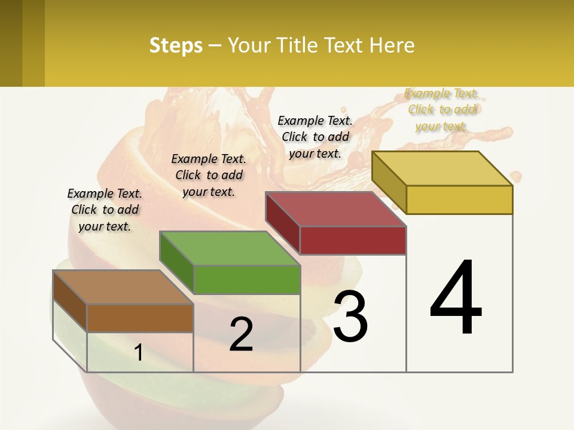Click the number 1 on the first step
coord(139,353)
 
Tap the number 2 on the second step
coord(241,334)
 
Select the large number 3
coord(350,317)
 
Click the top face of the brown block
coord(123,287)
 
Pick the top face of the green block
coord(230,248)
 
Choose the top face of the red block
coord(335,209)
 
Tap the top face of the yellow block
coord(442,168)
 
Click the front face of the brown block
coord(140,318)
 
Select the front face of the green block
coord(246,279)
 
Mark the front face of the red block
coord(353,241)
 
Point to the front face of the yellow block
coord(459,199)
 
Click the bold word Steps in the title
coord(176,45)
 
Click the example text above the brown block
coord(105,210)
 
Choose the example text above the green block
coord(209,175)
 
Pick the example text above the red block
coord(315,137)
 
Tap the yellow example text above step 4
coord(442,109)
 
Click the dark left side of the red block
coord(282,222)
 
